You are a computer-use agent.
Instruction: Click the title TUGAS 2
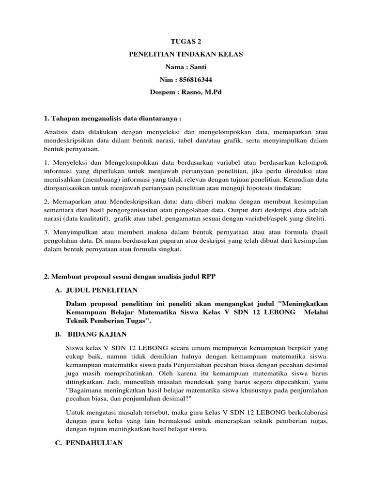pyautogui.click(x=186, y=42)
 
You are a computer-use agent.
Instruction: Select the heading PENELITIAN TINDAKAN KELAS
pyautogui.click(x=186, y=55)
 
